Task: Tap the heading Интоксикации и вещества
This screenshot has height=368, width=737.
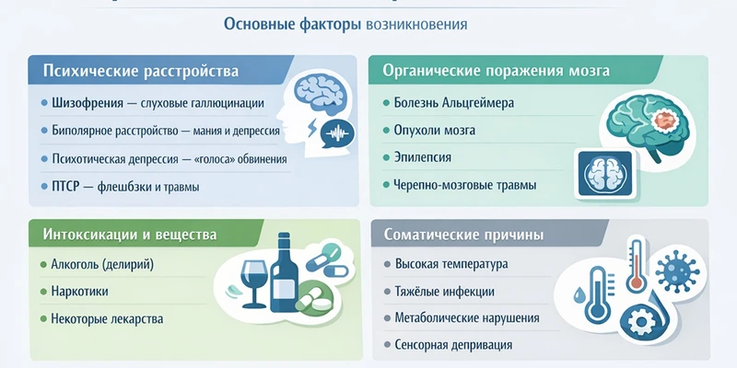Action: (x=129, y=235)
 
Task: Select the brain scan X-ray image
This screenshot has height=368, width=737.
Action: (x=604, y=173)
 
